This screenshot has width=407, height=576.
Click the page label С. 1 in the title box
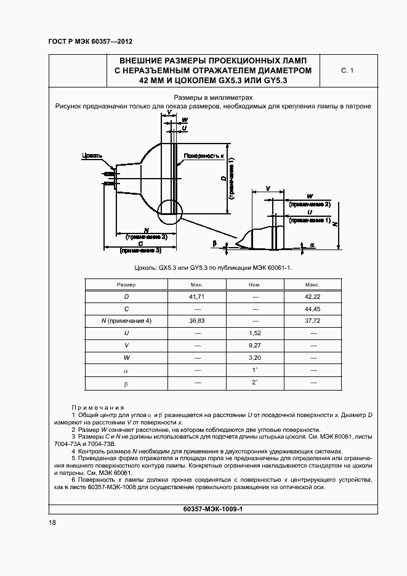pyautogui.click(x=347, y=71)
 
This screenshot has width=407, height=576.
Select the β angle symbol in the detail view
pyautogui.click(x=214, y=245)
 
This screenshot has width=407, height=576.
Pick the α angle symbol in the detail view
pyautogui.click(x=312, y=245)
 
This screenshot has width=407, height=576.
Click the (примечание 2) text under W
pyautogui.click(x=309, y=203)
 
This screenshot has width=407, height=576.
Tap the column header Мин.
pyautogui.click(x=198, y=285)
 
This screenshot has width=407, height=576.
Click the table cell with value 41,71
pyautogui.click(x=198, y=297)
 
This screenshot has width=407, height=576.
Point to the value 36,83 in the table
pyautogui.click(x=198, y=321)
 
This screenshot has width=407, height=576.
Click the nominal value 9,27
pyautogui.click(x=255, y=345)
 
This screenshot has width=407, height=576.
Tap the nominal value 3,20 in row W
pyautogui.click(x=255, y=357)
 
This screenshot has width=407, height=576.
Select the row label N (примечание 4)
pyautogui.click(x=126, y=321)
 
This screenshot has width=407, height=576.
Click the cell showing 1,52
pyautogui.click(x=255, y=333)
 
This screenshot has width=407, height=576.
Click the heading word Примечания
pyautogui.click(x=98, y=408)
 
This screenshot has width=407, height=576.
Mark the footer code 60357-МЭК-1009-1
pyautogui.click(x=214, y=509)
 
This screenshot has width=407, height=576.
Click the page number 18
pyautogui.click(x=52, y=522)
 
